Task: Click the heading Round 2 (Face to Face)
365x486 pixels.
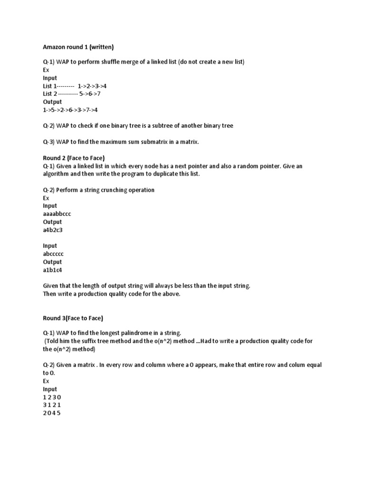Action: click(74, 158)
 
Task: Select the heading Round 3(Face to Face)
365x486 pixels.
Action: click(73, 318)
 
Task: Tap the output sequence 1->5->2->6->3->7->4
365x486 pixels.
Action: click(70, 110)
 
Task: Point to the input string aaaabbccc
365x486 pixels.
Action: click(57, 214)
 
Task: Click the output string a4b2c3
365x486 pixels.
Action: click(53, 230)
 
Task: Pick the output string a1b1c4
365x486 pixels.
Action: click(52, 270)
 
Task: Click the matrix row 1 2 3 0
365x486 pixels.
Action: click(52, 397)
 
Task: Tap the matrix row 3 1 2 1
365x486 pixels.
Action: click(52, 405)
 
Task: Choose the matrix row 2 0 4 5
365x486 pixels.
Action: click(52, 413)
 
